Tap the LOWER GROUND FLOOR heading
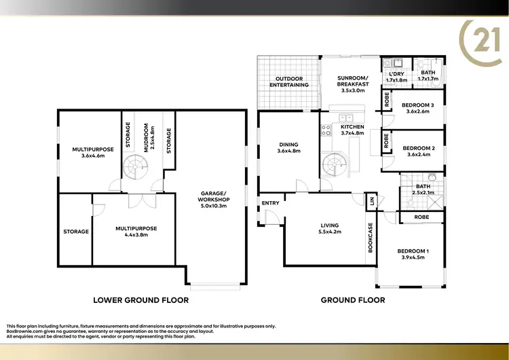(140, 300)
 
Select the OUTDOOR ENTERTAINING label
(289, 82)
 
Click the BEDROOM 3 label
(418, 105)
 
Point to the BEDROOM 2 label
(418, 147)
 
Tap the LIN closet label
(372, 201)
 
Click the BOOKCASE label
(371, 238)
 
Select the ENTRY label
(269, 202)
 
